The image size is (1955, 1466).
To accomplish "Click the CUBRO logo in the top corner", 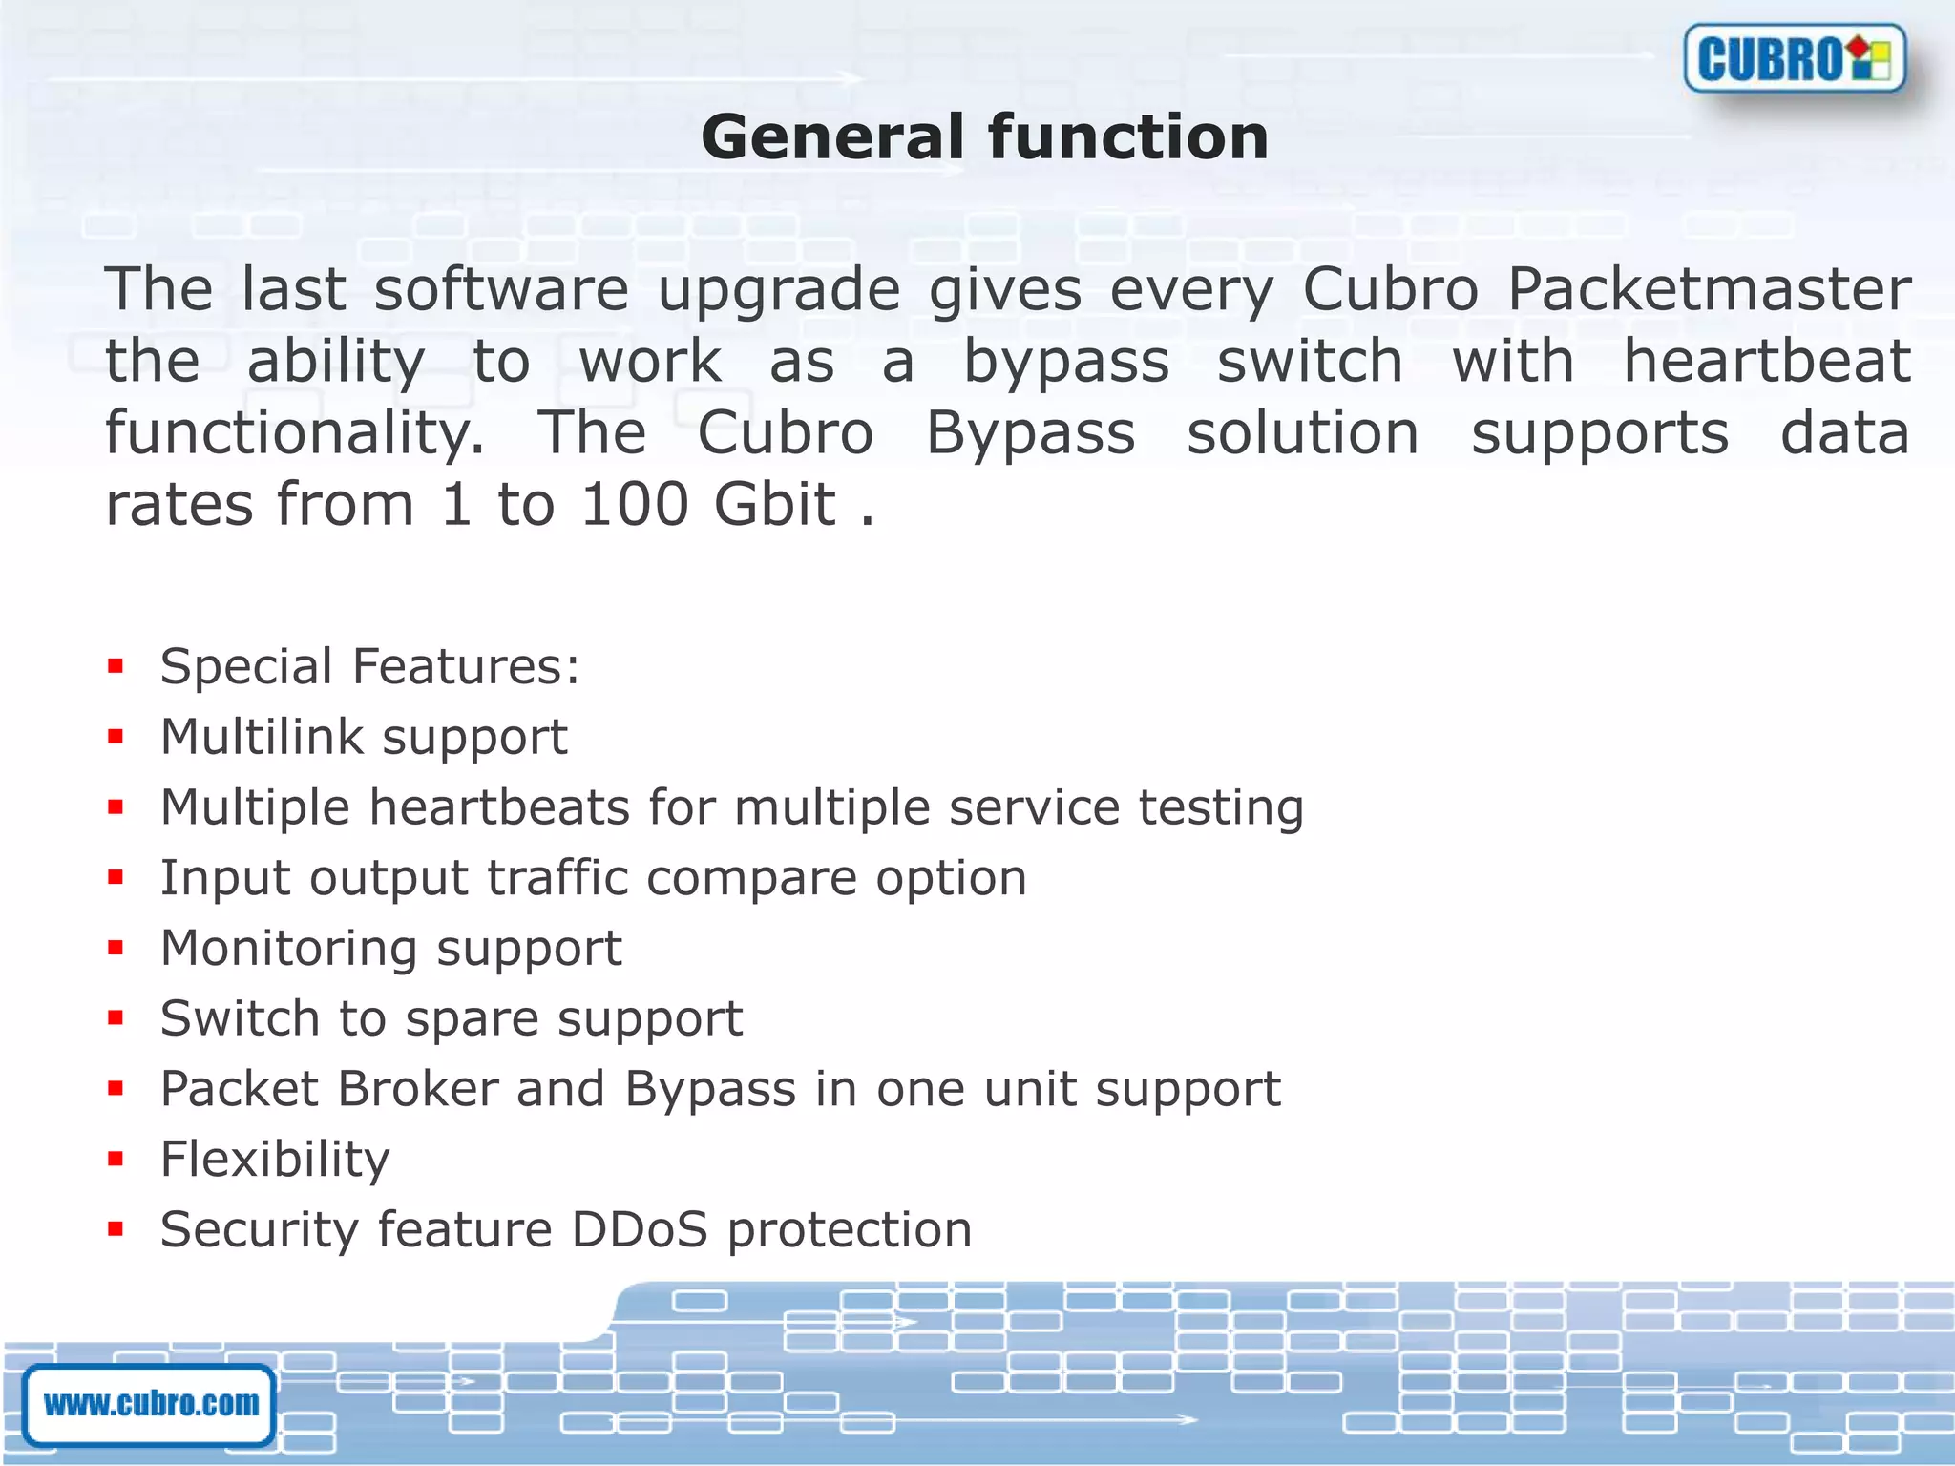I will (1795, 59).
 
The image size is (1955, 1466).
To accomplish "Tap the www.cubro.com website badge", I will (150, 1404).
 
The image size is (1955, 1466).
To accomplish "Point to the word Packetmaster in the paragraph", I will (1709, 289).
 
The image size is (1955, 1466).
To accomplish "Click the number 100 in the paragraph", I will (635, 505).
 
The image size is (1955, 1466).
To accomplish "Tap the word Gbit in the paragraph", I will (774, 505).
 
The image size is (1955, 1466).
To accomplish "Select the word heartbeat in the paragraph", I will (1767, 362).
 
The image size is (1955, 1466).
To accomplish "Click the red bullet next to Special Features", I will (116, 666).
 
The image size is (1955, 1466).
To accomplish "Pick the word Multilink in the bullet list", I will (263, 737).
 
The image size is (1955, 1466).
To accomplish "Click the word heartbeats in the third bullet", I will (499, 807).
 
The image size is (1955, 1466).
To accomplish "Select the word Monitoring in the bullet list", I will (289, 949).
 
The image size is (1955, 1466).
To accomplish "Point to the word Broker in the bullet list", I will (417, 1089).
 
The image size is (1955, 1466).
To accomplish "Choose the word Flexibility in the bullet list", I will (275, 1160).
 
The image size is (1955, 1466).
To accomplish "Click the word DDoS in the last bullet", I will (640, 1229).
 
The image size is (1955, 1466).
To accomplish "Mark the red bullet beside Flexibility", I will (116, 1160).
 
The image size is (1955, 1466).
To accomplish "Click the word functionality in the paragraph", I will (295, 433).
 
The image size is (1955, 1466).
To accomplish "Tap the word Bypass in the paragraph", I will (1031, 433).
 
